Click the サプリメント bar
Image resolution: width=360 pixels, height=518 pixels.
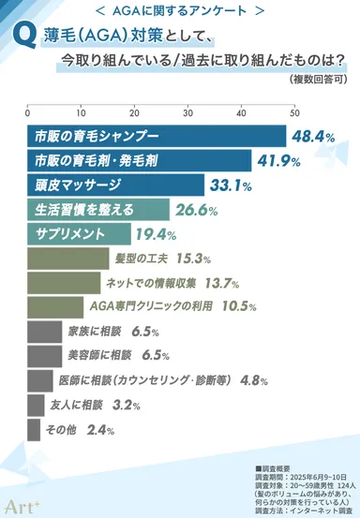tap(80, 233)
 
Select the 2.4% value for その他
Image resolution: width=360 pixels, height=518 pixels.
tap(100, 430)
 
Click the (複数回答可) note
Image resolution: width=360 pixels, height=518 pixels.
tap(322, 81)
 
